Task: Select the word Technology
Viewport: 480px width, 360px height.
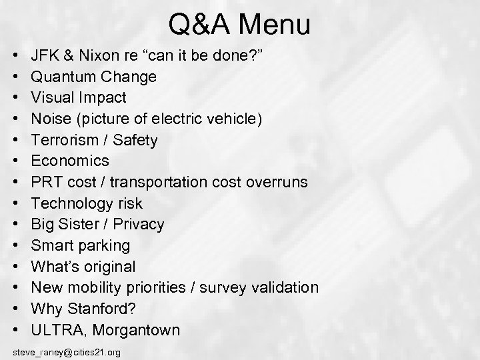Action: click(x=78, y=203)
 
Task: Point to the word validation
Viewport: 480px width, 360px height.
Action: click(x=280, y=287)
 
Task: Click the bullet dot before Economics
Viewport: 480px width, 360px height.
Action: click(x=15, y=161)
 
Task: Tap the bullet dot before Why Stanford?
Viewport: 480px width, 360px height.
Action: click(x=15, y=309)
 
